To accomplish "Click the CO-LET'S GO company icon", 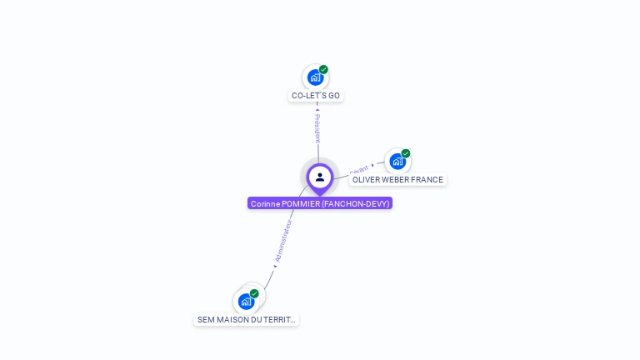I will pos(315,77).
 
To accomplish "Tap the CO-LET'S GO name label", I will pos(316,96).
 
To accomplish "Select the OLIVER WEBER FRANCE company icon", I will pos(397,161).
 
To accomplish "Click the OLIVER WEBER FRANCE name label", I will pos(397,179).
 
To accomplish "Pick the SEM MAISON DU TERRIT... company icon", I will pos(246,301).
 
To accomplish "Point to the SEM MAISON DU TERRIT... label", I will pos(246,319).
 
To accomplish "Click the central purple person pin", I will pos(320,177).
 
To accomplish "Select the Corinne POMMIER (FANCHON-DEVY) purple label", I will pos(320,203).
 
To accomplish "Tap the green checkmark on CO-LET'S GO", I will pos(323,69).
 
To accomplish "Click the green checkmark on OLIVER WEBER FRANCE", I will pos(406,153).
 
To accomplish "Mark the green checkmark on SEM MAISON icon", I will pos(254,293).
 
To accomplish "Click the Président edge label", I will pos(317,128).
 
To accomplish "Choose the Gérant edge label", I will pos(359,169).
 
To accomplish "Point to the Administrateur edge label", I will pos(283,242).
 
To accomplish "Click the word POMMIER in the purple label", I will pos(301,203).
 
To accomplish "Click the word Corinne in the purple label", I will pos(265,203).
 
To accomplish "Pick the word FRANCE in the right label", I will pos(427,179).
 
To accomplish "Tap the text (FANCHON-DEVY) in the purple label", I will pos(356,203).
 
